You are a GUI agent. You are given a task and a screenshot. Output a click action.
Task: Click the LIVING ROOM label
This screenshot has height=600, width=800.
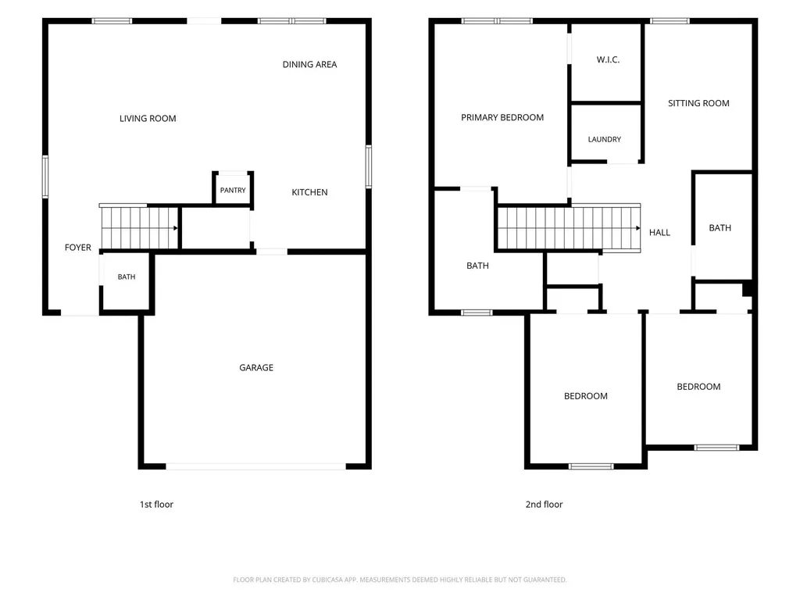[148, 119]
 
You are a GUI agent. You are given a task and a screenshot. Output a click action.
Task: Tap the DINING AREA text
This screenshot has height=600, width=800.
[309, 64]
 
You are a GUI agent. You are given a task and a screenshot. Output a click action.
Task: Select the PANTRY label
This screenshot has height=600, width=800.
[233, 191]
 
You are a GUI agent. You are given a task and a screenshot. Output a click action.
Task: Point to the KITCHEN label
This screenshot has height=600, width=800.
[309, 192]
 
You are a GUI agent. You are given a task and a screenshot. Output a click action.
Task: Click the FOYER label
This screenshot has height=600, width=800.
[77, 248]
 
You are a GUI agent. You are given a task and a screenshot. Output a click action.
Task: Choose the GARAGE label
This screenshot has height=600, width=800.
[256, 367]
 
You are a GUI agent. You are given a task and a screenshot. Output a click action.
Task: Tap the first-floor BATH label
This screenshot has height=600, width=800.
[127, 277]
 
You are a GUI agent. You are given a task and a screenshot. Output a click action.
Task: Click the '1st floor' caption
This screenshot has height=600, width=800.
[156, 504]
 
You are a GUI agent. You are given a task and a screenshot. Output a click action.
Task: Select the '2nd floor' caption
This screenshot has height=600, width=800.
[544, 504]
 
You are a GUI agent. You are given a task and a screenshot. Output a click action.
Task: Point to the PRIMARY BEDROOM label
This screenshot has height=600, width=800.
[502, 117]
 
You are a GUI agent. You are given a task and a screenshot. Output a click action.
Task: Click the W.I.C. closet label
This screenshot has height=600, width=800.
[608, 59]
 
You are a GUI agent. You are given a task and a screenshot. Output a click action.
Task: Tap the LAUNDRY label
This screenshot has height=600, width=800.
[605, 139]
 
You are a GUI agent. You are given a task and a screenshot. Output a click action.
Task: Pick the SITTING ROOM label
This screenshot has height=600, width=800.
[698, 103]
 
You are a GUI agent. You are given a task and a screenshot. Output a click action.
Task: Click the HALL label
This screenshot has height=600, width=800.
[659, 233]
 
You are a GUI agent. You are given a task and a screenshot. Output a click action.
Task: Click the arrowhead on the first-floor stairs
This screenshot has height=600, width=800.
[176, 228]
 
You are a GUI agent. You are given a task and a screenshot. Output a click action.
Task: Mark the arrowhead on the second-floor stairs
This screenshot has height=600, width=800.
[637, 228]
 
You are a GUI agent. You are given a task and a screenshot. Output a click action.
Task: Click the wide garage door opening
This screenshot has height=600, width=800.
[255, 466]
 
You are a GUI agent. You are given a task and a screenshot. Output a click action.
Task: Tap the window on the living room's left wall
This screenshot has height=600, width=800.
[45, 177]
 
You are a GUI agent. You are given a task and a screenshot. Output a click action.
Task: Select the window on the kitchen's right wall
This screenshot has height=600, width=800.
[369, 166]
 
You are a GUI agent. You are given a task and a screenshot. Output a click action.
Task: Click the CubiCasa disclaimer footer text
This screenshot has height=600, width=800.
[399, 580]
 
